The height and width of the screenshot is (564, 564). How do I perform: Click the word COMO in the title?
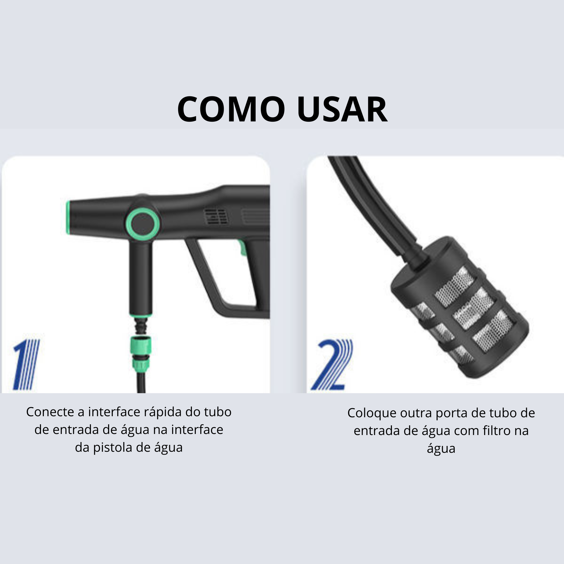click(x=231, y=109)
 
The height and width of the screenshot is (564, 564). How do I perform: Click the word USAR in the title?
click(x=342, y=109)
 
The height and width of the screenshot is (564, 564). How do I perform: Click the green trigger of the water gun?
click(x=242, y=248)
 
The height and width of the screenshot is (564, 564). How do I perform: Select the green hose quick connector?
click(x=140, y=354)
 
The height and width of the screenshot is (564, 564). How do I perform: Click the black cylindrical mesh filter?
click(x=460, y=307)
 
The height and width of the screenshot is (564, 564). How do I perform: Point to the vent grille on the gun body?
click(x=216, y=216)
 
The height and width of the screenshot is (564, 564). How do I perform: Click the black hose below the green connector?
click(x=141, y=383)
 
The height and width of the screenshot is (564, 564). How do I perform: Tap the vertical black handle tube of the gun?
click(x=141, y=277)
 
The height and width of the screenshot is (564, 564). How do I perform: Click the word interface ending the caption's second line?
click(x=197, y=430)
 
